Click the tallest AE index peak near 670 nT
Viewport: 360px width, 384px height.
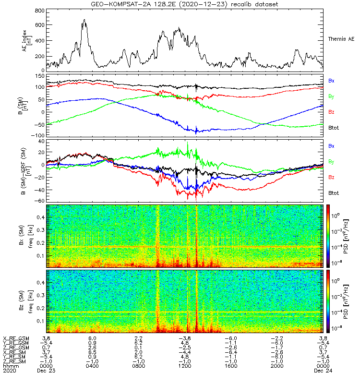[84, 20]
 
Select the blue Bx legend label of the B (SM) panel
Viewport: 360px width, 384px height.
[331, 81]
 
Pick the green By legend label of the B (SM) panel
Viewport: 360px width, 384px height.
[331, 96]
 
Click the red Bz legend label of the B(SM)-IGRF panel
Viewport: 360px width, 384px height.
[331, 178]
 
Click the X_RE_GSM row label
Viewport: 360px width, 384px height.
[16, 338]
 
